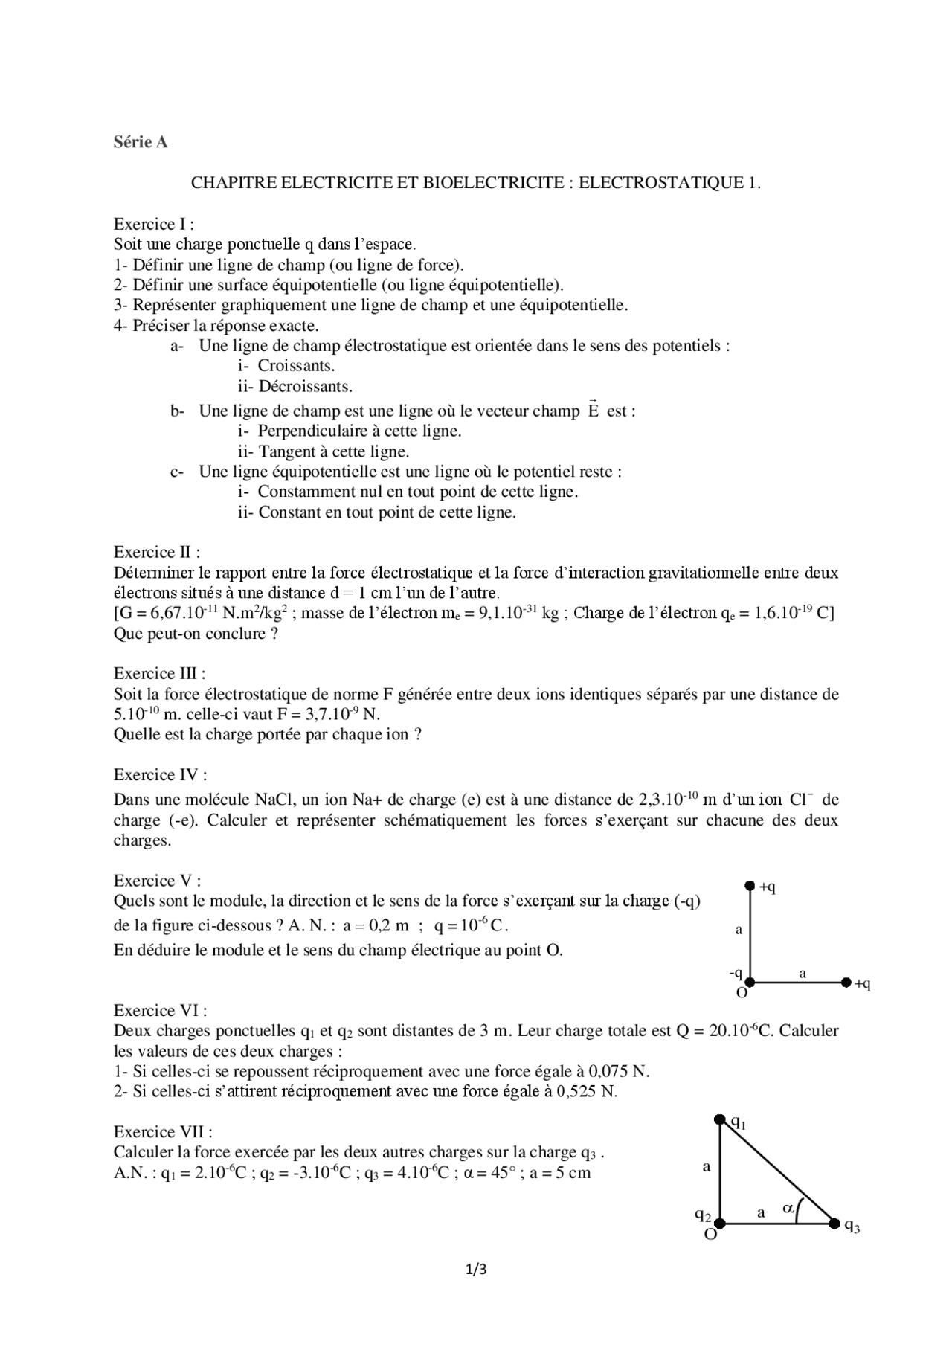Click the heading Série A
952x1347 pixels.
click(141, 142)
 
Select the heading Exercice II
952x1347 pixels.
click(156, 552)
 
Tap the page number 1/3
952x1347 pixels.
click(476, 1269)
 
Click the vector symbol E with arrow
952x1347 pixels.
click(593, 410)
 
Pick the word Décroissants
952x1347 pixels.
click(305, 387)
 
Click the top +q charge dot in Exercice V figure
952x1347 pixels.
click(750, 886)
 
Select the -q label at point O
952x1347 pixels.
click(736, 973)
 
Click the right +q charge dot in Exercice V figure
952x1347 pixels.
click(846, 983)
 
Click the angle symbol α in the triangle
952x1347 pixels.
click(788, 1209)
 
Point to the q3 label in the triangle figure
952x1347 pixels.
click(852, 1227)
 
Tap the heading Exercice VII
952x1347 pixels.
click(163, 1131)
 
